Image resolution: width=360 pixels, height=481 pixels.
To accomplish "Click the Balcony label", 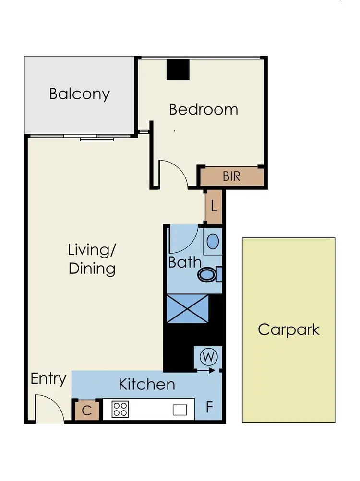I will pos(80,93).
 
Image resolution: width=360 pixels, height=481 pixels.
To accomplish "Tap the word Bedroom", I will pos(204,109).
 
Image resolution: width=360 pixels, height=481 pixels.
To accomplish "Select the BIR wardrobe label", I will pos(231,176).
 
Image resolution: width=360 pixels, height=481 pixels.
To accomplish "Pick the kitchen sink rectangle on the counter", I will pos(180,410).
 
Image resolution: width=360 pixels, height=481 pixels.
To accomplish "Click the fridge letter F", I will pos(209,409).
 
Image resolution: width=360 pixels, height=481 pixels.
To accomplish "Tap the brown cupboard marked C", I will pos(87,411).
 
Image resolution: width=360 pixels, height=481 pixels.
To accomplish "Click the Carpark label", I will pos(288,329).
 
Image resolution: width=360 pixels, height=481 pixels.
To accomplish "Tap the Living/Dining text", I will pos(92,259).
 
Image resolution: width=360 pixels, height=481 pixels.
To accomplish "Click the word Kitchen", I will pos(147,384).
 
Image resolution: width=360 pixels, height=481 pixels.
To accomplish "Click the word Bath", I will pos(184,262).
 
